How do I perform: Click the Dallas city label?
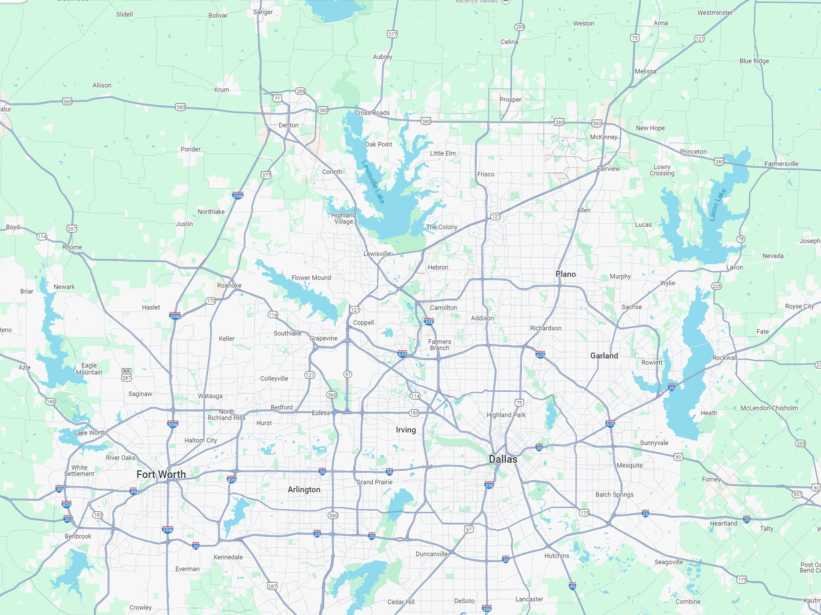503,459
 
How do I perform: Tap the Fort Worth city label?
161,474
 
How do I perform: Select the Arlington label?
304,490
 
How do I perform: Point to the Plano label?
566,274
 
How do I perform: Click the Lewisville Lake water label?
373,182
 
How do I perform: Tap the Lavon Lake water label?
718,205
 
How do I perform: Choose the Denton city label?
289,125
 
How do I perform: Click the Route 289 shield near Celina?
519,27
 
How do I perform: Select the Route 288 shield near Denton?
300,91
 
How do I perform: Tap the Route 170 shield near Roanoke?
211,301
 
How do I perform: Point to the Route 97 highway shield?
348,374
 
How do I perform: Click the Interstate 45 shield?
573,586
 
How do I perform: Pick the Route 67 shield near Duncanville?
469,529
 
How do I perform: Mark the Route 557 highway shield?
797,494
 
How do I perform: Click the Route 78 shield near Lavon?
741,239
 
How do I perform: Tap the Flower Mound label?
311,278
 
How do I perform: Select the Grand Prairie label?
374,482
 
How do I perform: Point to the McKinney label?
603,137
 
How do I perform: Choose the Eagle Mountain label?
89,369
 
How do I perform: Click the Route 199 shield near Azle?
50,402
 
